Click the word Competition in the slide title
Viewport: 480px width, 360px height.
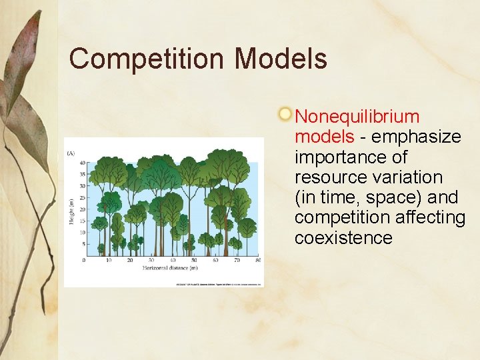(x=147, y=59)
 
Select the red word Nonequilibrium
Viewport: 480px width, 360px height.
(x=357, y=117)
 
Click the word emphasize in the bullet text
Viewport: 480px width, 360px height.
(x=416, y=137)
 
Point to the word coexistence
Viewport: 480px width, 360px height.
(x=343, y=238)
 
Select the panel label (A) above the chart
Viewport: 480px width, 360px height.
(x=70, y=153)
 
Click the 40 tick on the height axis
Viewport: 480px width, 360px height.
(x=82, y=163)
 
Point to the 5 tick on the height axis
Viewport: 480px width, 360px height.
(x=83, y=245)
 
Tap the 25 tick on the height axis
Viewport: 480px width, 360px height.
(x=82, y=198)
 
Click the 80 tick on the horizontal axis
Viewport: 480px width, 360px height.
(x=257, y=260)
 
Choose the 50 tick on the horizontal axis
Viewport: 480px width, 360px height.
(x=193, y=260)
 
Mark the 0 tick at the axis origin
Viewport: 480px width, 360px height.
(x=84, y=260)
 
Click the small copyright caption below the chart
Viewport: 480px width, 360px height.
(x=219, y=284)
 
